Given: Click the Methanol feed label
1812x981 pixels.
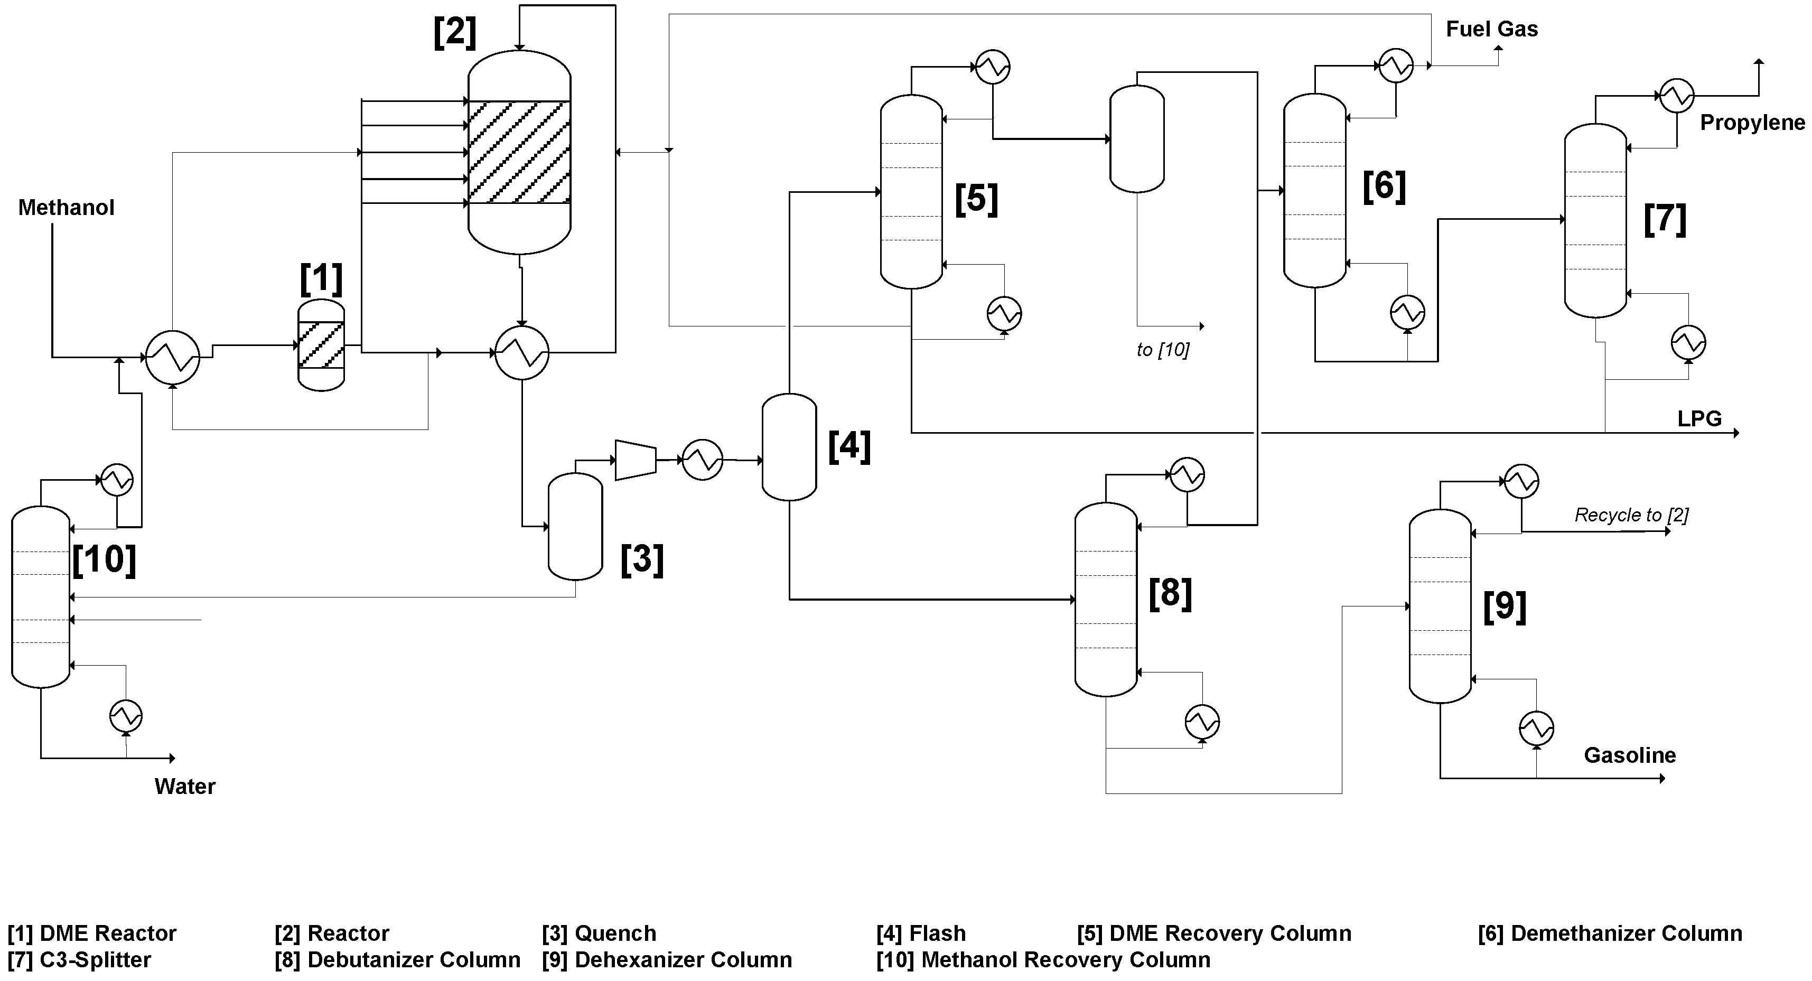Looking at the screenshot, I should pyautogui.click(x=66, y=208).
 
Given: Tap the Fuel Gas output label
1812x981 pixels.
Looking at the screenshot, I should pyautogui.click(x=1491, y=30).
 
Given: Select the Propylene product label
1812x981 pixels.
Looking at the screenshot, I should pyautogui.click(x=1751, y=123).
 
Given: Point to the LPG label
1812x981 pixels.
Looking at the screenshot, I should pyautogui.click(x=1699, y=419).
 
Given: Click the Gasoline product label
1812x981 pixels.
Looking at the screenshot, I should pyautogui.click(x=1629, y=755).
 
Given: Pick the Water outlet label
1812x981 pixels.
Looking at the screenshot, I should pyautogui.click(x=184, y=786).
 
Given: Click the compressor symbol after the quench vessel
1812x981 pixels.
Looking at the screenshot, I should pyautogui.click(x=635, y=461).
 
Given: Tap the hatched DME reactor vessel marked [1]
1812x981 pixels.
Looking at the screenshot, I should pyautogui.click(x=322, y=344).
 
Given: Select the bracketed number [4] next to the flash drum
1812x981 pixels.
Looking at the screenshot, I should pyautogui.click(x=849, y=446).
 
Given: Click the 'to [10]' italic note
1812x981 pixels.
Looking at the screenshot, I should pyautogui.click(x=1162, y=350).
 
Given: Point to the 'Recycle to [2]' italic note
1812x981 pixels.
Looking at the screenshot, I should pyautogui.click(x=1630, y=516).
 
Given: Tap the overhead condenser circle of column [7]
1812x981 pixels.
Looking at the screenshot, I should pyautogui.click(x=1676, y=95).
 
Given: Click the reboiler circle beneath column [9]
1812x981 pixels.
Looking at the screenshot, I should pyautogui.click(x=1536, y=728).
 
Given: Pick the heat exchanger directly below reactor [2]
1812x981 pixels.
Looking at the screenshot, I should pyautogui.click(x=521, y=352).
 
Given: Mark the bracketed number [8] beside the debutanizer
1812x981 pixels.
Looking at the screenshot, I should pyautogui.click(x=1170, y=592).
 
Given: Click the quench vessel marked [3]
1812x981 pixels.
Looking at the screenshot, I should pyautogui.click(x=575, y=526).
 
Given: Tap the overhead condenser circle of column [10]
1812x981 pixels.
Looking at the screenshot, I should pyautogui.click(x=117, y=480).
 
